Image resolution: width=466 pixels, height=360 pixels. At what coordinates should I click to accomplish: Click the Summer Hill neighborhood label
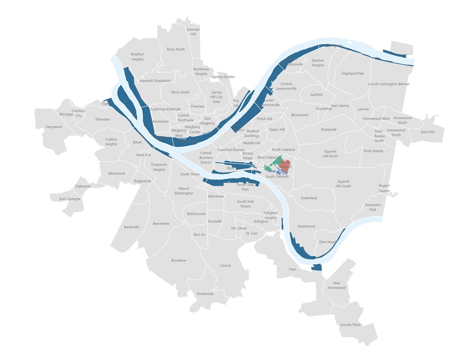point(193,32)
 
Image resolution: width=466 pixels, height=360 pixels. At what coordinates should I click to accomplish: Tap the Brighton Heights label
point(137,57)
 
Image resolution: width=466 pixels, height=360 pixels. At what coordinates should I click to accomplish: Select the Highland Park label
point(353,73)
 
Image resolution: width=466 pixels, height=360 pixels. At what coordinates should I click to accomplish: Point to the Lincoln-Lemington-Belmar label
point(388,84)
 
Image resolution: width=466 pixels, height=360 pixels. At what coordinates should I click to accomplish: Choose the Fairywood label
point(54,127)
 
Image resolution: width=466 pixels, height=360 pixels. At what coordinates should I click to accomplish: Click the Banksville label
point(132,227)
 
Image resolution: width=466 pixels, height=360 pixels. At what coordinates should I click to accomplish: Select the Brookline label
point(179,260)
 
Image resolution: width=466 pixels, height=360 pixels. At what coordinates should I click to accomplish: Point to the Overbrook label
point(205,294)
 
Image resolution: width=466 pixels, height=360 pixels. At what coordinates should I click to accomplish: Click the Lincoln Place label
point(350,325)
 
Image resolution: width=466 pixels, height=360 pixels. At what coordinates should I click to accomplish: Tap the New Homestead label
point(337,285)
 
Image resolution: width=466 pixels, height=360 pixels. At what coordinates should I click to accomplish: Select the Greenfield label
point(309,198)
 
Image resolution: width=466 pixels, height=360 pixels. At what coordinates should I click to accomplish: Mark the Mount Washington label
point(184,191)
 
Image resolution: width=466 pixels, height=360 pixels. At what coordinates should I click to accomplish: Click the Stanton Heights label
point(318,63)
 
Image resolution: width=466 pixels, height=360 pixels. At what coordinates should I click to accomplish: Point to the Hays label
point(292,269)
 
